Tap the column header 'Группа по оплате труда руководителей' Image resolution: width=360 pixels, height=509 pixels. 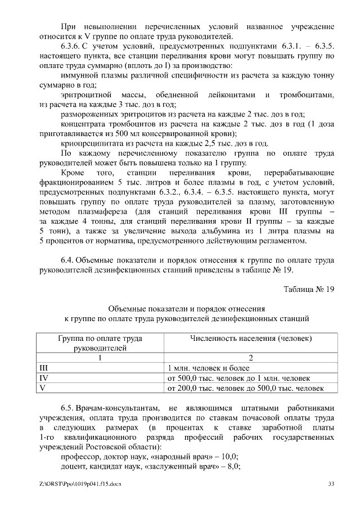pyautogui.click(x=100, y=343)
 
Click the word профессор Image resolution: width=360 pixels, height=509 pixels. pyautogui.click(x=80, y=456)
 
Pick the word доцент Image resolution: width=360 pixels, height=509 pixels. pyautogui.click(x=74, y=466)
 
